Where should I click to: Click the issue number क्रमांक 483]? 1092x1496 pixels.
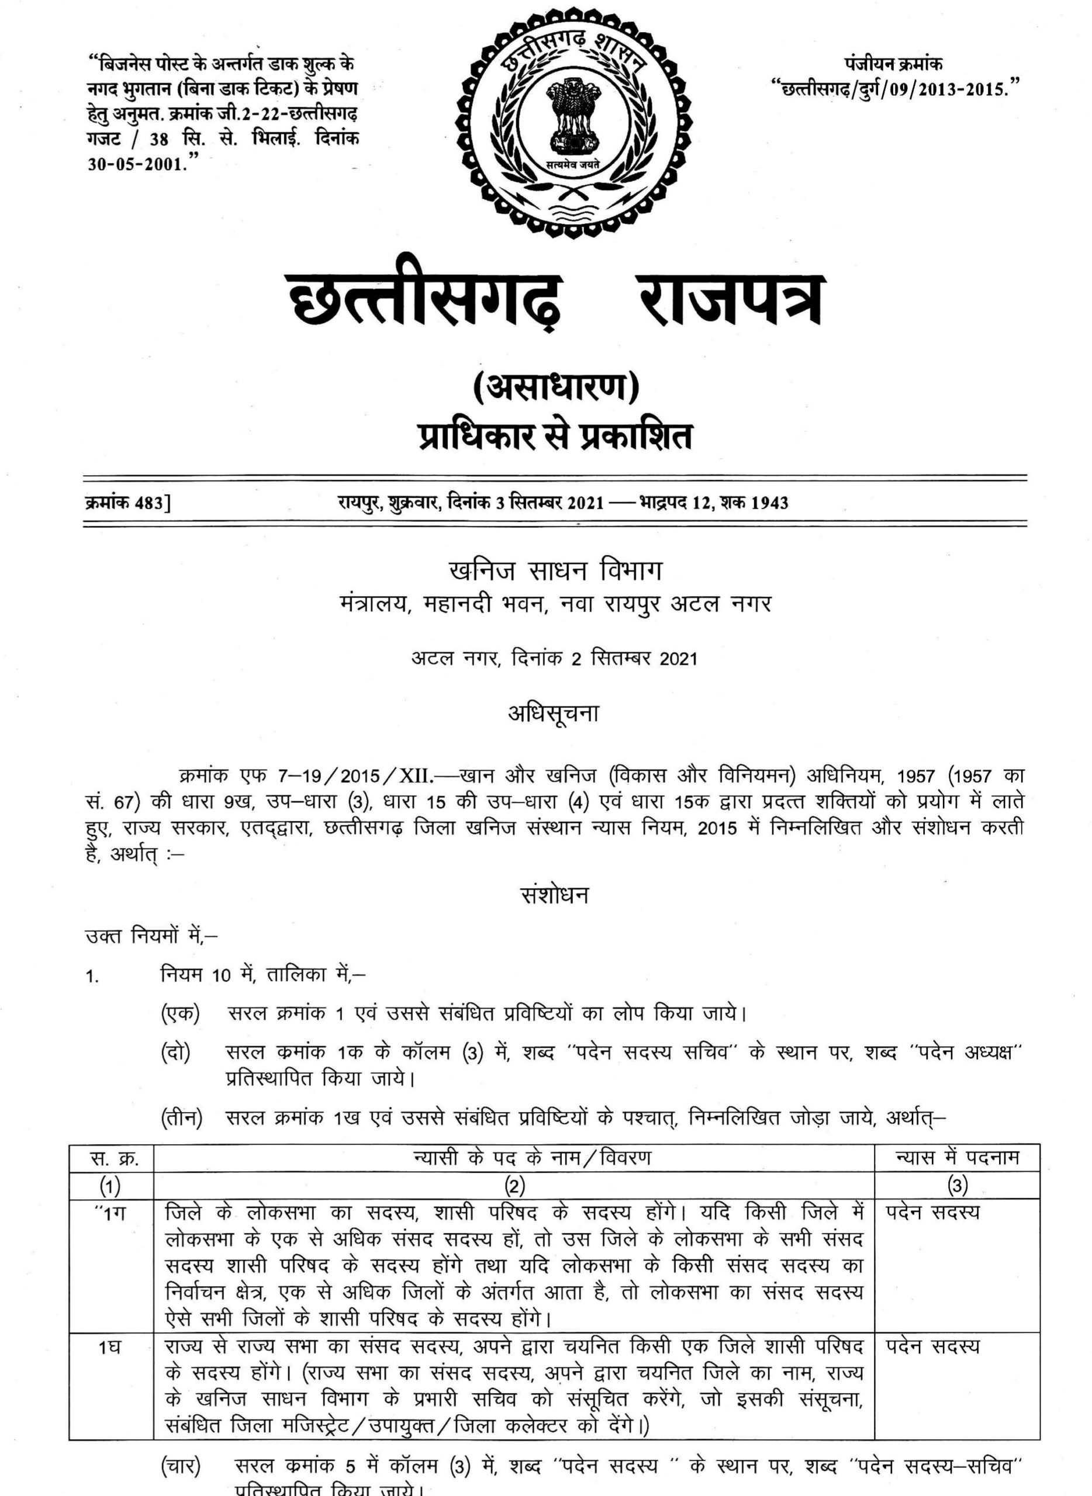[x=127, y=503]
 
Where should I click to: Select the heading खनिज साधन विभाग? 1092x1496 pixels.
[x=555, y=572]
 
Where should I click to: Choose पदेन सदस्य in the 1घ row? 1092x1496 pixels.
[x=932, y=1328]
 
